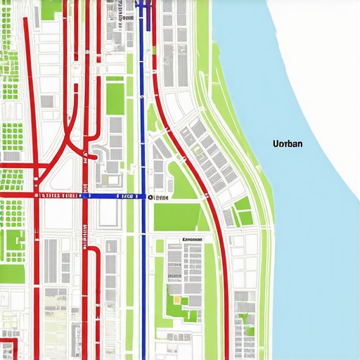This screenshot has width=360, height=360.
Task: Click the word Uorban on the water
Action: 287,143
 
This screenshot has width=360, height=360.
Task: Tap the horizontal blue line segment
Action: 116,197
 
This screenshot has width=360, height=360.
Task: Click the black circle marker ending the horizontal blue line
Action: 150,198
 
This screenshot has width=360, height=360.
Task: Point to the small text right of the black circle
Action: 161,198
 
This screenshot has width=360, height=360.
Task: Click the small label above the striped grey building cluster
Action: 192,240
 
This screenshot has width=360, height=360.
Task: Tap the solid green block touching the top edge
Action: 49,9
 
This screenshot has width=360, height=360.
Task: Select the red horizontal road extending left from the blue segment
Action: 42,197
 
